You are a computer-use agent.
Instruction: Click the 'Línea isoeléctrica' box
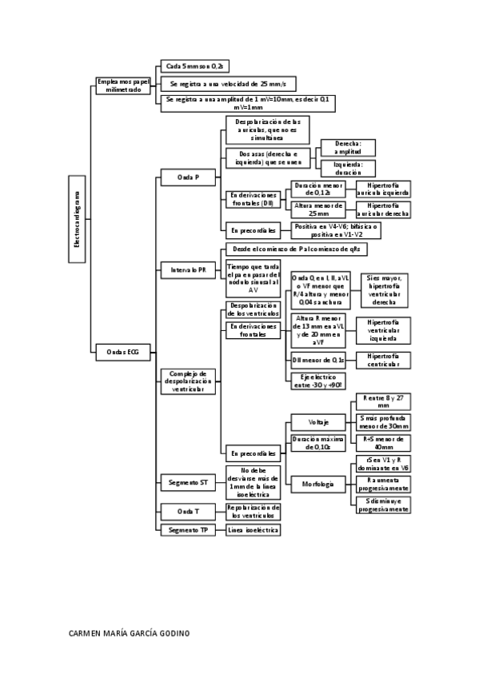tap(253, 530)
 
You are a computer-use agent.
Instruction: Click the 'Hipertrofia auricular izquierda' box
tap(384, 189)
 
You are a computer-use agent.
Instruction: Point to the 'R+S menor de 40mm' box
tap(382, 443)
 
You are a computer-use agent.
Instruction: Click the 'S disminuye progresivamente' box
tap(382, 505)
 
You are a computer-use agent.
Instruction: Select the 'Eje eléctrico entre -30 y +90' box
tap(317, 381)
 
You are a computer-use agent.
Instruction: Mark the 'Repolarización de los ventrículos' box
tap(253, 511)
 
